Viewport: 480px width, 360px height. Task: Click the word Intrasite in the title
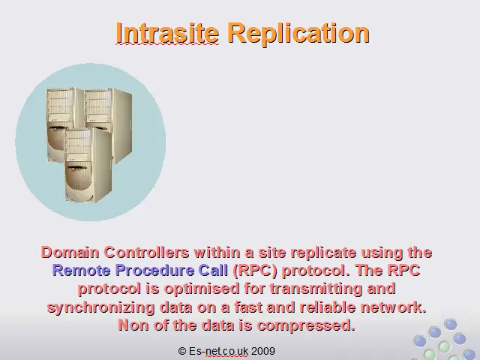(167, 33)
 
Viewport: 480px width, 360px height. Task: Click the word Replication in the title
(298, 34)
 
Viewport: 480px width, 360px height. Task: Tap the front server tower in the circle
(88, 165)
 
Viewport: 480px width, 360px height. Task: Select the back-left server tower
(61, 122)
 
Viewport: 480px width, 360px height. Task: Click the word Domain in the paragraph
(70, 253)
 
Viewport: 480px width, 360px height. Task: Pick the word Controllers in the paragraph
(147, 253)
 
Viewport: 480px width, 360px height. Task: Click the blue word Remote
(82, 271)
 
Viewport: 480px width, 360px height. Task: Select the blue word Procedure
(154, 271)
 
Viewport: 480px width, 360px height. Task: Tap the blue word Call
(213, 271)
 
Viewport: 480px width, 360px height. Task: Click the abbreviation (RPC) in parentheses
(255, 271)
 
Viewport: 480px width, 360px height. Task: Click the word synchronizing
(100, 307)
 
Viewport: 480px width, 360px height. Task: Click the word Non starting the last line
(133, 325)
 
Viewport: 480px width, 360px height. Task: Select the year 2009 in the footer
(263, 351)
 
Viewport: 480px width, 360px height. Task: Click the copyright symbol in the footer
(182, 351)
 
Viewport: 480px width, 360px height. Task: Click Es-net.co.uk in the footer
(218, 351)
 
